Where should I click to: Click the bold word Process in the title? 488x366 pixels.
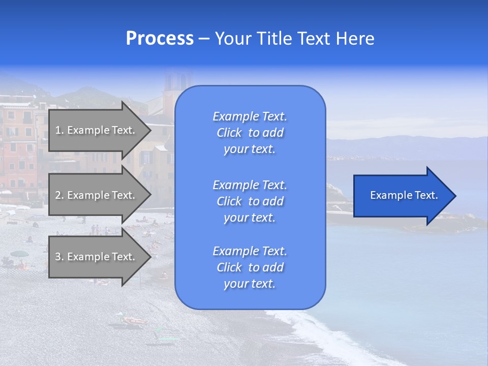click(160, 39)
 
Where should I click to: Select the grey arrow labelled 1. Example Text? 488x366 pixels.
click(100, 130)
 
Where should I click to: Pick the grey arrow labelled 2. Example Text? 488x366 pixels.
click(100, 195)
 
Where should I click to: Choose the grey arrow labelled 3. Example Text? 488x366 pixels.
click(100, 256)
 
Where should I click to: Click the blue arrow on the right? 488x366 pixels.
click(405, 195)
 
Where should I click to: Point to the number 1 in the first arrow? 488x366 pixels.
click(58, 130)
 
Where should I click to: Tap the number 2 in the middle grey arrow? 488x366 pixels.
click(58, 195)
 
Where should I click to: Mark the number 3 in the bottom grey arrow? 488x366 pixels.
click(58, 257)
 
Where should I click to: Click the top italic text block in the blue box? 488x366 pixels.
click(250, 133)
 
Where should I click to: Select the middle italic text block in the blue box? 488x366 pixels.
click(250, 201)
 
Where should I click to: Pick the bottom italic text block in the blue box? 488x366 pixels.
click(250, 267)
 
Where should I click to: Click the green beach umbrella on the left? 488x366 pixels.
click(20, 254)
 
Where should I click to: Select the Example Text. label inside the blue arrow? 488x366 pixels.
click(404, 195)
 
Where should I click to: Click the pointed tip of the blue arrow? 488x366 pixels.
click(456, 196)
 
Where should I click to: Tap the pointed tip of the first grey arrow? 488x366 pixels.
click(151, 130)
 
